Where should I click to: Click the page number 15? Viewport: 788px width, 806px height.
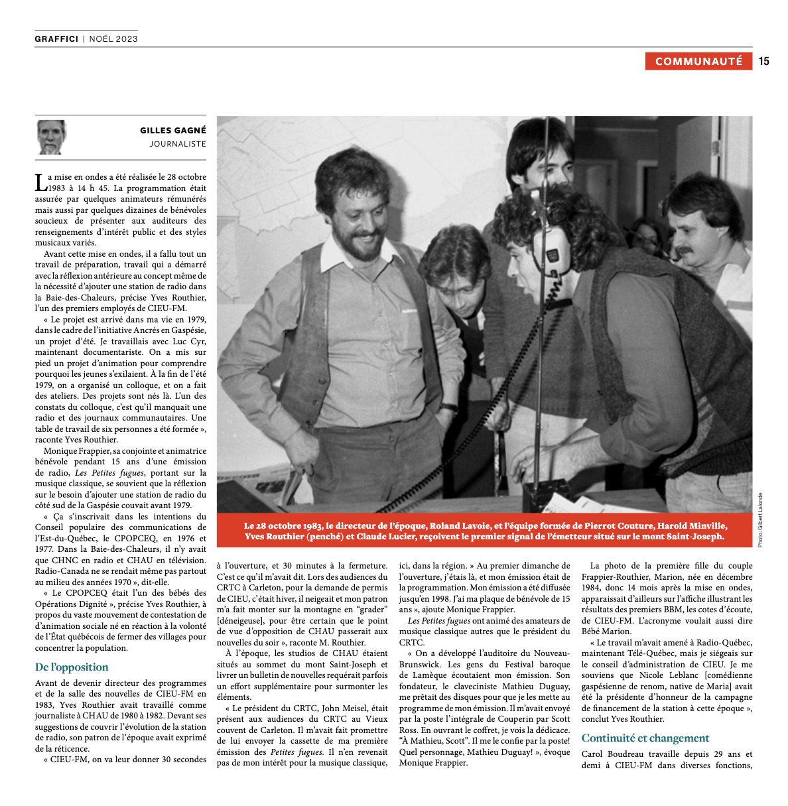coord(763,61)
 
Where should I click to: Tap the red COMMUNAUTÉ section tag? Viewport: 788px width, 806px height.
coord(698,61)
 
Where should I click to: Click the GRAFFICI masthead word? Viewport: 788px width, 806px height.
coord(56,39)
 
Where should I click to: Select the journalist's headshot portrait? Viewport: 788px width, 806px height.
coord(52,137)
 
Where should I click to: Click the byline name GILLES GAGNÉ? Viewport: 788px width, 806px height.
coord(172,131)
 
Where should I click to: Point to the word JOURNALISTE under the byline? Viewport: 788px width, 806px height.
coord(177,144)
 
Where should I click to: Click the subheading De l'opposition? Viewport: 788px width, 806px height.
coord(72,667)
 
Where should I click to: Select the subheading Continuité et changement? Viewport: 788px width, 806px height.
coord(645,738)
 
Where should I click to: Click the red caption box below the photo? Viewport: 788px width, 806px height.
coord(485,531)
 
